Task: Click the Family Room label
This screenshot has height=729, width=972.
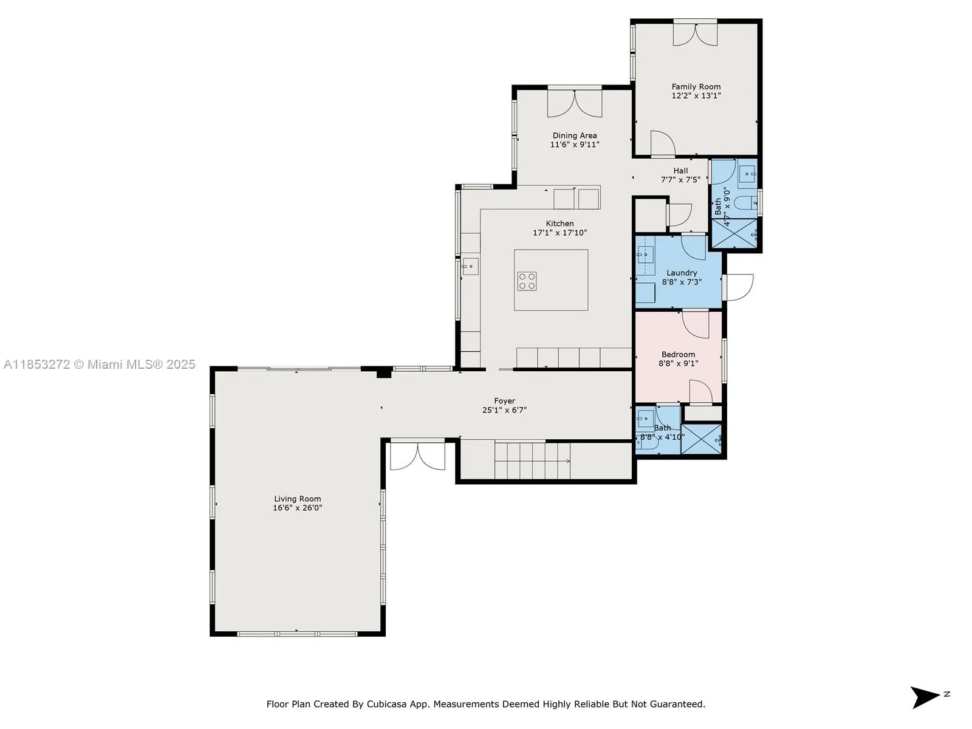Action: pos(696,87)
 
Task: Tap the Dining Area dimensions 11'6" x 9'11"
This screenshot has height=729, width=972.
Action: pos(575,145)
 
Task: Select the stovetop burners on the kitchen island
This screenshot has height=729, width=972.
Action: pos(527,281)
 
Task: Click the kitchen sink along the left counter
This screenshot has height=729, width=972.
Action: pos(470,266)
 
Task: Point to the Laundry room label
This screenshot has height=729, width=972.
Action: pos(682,273)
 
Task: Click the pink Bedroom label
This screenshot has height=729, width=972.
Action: pos(678,354)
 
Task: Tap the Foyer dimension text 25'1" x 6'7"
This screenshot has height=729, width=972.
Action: pos(504,410)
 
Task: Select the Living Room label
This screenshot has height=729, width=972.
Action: pos(297,499)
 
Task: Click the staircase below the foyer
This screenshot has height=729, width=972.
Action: pos(532,461)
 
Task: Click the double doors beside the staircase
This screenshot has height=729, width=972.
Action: pos(417,456)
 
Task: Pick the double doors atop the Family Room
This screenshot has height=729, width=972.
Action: pos(695,33)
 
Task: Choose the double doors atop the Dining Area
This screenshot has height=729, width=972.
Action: pos(575,103)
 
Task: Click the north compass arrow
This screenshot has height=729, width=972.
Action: pos(925,697)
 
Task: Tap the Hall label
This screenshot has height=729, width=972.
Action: pos(680,171)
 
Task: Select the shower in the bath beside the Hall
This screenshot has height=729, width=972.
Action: pos(734,234)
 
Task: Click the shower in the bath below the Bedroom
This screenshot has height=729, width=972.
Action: pos(701,439)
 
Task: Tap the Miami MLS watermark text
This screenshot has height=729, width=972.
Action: pos(99,364)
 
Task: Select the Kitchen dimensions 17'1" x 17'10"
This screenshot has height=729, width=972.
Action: pos(560,233)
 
